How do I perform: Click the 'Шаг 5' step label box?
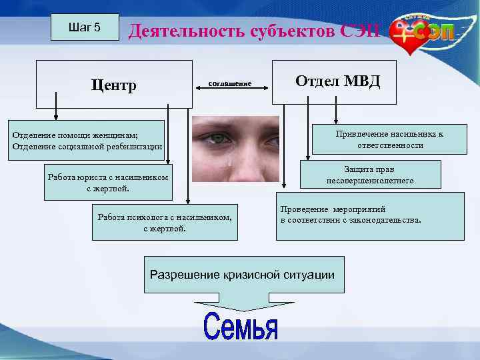point(85,27)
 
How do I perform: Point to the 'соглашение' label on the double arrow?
point(230,83)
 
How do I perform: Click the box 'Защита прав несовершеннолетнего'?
point(369,175)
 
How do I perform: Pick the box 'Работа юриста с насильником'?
point(108,182)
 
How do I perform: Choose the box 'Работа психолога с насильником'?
point(164,223)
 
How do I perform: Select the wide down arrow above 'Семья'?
point(242,303)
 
